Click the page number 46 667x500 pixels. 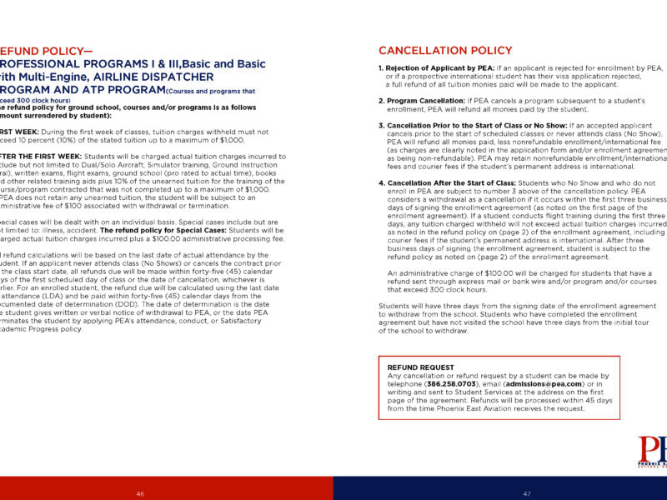tap(140, 493)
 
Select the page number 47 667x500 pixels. tap(527, 493)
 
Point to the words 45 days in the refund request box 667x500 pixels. tap(598, 401)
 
